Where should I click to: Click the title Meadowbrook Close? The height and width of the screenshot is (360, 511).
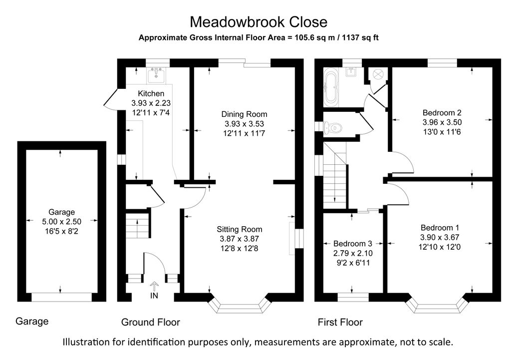click(x=258, y=22)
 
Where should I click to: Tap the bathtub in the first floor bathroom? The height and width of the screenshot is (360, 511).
click(x=331, y=87)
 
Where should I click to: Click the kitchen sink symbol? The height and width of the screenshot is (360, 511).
click(x=157, y=75)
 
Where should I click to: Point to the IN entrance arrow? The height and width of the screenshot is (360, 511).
click(x=154, y=287)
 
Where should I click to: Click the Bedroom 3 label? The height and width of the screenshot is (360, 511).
click(x=353, y=244)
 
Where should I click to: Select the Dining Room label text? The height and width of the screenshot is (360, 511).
click(x=244, y=114)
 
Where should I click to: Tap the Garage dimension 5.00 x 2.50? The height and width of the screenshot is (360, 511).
click(x=61, y=221)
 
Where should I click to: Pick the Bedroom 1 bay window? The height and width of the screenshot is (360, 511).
click(x=438, y=305)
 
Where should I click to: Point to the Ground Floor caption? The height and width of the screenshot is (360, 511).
click(x=151, y=323)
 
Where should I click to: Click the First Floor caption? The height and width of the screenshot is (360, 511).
click(x=340, y=323)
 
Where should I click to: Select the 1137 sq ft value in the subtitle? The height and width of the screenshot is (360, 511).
click(x=358, y=37)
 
